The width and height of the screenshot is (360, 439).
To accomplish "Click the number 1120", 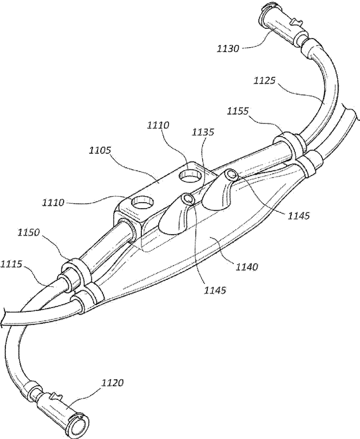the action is tap(111, 382).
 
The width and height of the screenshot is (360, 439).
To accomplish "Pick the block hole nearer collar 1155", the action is tap(191, 175).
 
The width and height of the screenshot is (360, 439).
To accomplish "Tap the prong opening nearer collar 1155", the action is tap(232, 175).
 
